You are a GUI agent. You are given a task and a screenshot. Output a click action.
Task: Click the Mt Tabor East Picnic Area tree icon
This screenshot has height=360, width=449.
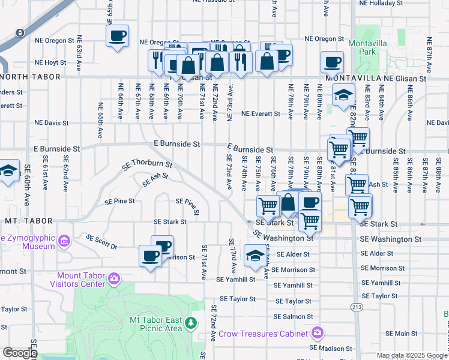click(x=191, y=323)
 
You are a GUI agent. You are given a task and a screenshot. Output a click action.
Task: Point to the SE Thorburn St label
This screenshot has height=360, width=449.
click(x=147, y=166)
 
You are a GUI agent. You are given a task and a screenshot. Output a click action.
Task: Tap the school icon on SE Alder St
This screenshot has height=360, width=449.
click(x=255, y=257)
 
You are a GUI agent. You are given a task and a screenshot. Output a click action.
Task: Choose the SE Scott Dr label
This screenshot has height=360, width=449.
click(x=101, y=241)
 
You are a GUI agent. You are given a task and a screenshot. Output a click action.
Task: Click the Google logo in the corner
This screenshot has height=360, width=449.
click(x=19, y=352)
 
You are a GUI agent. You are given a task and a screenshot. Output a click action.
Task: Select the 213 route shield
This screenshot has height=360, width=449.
click(x=358, y=307)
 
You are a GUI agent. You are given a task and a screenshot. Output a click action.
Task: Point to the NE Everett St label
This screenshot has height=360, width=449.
click(x=261, y=114)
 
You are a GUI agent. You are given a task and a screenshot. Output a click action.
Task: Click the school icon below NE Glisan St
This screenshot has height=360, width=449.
click(x=344, y=95)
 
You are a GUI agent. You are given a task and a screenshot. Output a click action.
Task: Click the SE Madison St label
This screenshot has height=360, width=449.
click(x=331, y=348)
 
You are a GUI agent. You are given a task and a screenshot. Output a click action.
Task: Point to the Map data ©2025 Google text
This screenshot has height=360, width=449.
click(x=411, y=355)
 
